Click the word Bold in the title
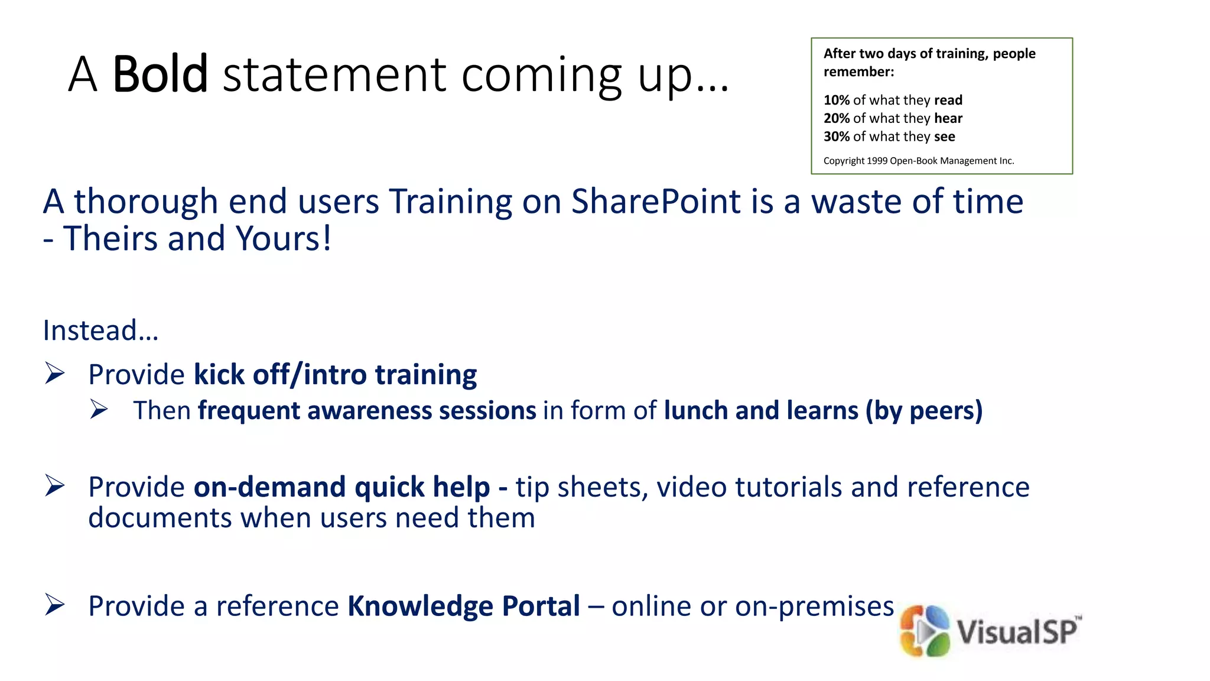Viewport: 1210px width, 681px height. (x=160, y=74)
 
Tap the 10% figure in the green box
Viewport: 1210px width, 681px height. (x=837, y=100)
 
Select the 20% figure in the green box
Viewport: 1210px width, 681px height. (x=837, y=118)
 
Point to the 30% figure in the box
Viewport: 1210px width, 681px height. (x=837, y=137)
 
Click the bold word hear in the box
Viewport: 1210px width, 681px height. (x=948, y=118)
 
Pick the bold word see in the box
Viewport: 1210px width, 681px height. (x=944, y=137)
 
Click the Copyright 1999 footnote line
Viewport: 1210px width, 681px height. (x=919, y=161)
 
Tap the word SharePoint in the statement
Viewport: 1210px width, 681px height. (x=656, y=202)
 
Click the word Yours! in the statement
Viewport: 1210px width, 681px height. (x=284, y=238)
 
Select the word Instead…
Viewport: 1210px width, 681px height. (x=100, y=330)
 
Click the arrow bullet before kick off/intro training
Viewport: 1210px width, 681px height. (x=55, y=374)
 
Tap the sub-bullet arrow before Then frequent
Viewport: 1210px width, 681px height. (x=99, y=409)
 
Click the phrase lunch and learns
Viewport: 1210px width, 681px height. (x=761, y=410)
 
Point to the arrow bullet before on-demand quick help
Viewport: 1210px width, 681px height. (x=55, y=486)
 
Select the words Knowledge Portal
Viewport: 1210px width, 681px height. (x=463, y=606)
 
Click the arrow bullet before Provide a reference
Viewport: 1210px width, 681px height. (x=55, y=605)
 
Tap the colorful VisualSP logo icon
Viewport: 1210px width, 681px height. (x=925, y=631)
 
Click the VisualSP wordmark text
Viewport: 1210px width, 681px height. (x=1017, y=631)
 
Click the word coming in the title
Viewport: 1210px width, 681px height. (x=541, y=74)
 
